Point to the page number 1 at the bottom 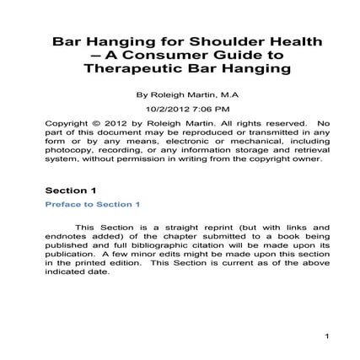pos(325,337)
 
